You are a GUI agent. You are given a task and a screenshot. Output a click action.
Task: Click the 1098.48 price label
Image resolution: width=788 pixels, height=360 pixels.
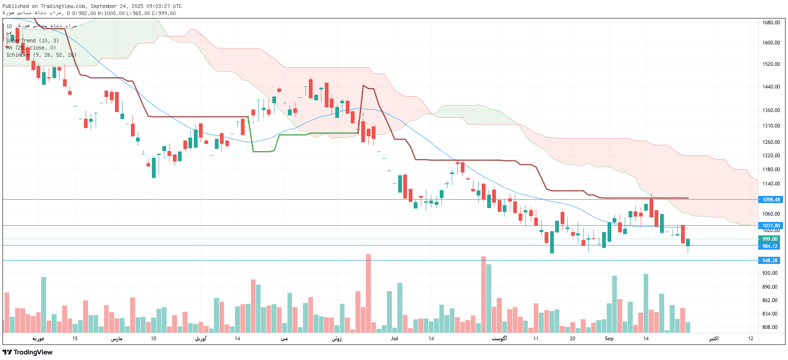tap(771, 200)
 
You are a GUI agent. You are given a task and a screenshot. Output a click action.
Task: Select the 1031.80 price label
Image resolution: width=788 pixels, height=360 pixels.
tap(771, 226)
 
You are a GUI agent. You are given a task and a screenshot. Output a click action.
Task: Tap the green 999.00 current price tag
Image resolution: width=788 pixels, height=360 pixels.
tap(770, 239)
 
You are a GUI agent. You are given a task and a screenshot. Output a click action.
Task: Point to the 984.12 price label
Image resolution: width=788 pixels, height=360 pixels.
tap(770, 246)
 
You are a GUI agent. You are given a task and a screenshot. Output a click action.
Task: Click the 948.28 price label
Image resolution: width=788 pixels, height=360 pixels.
tap(770, 261)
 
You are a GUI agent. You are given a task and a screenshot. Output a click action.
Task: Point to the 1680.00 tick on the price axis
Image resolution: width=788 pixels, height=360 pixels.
tap(771, 23)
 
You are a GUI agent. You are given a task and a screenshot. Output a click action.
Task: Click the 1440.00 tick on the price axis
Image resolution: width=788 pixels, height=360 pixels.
tap(771, 87)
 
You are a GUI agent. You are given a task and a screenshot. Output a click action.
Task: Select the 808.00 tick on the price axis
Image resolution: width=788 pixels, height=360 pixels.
tap(770, 327)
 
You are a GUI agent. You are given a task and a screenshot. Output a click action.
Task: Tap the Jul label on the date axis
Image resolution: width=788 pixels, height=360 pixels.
tap(394, 339)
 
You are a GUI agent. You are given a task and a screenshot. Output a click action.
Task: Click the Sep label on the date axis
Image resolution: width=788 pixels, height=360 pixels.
tap(609, 339)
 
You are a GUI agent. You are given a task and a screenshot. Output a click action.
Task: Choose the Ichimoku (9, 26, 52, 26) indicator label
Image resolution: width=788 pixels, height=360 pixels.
tap(41, 55)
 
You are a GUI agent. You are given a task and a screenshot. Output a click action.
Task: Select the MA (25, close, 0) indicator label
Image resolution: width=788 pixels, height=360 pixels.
tap(31, 48)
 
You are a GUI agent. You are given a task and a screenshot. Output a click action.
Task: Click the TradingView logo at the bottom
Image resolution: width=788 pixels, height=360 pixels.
tap(28, 352)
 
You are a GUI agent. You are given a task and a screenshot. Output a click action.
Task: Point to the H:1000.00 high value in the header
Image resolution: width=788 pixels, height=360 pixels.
tap(111, 13)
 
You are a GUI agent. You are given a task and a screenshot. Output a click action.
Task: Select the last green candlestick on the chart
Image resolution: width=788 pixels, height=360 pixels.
tap(688, 243)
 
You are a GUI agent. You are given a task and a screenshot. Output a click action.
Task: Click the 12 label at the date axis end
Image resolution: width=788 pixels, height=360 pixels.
tap(750, 339)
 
